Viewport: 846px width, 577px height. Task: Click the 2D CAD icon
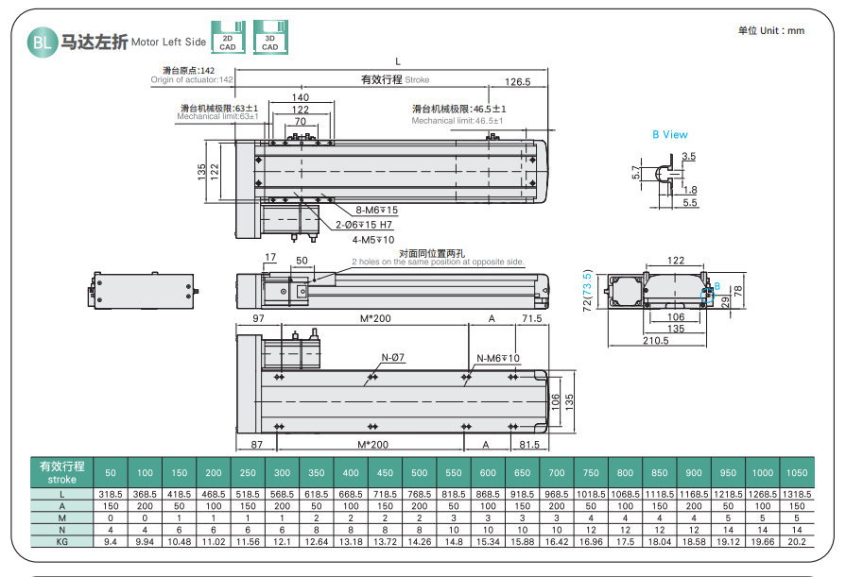pos(228,37)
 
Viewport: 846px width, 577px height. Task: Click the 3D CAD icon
pos(270,37)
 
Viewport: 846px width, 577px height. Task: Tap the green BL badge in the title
pos(42,41)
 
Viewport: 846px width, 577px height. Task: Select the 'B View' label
pos(670,135)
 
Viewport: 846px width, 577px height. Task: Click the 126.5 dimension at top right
pos(517,81)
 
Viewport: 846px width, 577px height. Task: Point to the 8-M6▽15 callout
pos(376,210)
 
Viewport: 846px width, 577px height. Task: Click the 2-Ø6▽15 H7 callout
pos(364,225)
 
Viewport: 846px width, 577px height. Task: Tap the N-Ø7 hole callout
pos(393,357)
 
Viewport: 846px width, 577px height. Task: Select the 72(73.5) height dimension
pos(587,289)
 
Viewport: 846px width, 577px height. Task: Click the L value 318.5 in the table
pos(111,494)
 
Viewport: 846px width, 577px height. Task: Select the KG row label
pos(61,543)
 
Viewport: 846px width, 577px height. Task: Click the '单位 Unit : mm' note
pos(771,30)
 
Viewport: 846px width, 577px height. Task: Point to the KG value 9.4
pos(111,543)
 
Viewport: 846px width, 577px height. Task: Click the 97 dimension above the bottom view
pos(259,320)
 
